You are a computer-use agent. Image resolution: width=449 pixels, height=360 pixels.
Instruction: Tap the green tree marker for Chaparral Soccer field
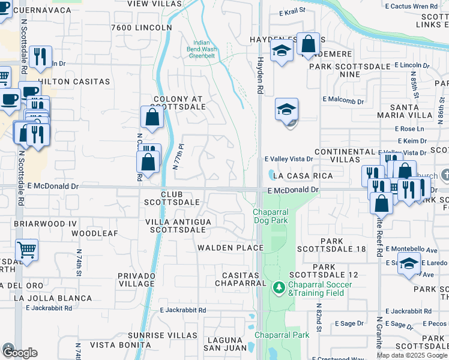pos(279,288)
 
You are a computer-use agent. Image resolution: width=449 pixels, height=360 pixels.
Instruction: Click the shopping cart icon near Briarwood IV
pos(26,249)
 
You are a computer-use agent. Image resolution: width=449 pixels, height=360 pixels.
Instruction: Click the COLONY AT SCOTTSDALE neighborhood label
pos(179,103)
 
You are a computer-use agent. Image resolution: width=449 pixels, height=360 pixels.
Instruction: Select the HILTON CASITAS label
pos(74,81)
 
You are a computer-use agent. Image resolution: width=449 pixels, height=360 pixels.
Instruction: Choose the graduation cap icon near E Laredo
pos(409,264)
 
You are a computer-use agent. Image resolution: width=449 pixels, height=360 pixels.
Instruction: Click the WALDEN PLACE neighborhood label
pos(231,248)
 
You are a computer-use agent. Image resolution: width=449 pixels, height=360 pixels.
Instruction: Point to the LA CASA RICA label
pos(303,176)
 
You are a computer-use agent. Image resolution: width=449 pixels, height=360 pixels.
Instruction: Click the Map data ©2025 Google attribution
pos(412,355)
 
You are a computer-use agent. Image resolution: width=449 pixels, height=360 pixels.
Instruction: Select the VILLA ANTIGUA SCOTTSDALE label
pos(179,226)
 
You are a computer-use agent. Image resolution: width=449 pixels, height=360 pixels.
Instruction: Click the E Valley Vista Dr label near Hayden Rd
pos(289,159)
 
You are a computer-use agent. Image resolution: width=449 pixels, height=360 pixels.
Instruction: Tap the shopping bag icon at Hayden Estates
pos(308,44)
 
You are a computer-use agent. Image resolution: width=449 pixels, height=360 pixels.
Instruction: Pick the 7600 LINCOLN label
pos(142,28)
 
